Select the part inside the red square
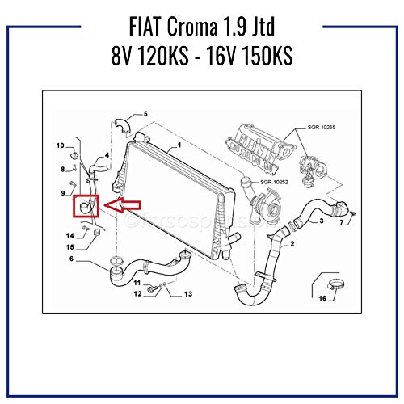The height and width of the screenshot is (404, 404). click(x=86, y=208)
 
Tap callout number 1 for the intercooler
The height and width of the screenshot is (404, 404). click(x=179, y=145)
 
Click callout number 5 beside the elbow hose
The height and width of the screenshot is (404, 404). click(x=145, y=114)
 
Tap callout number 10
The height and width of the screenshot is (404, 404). click(x=60, y=145)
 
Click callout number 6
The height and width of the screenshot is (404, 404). click(x=71, y=259)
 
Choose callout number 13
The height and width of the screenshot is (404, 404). click(x=187, y=295)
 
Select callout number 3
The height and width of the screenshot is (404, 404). click(x=321, y=220)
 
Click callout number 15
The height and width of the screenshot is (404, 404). click(x=70, y=246)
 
